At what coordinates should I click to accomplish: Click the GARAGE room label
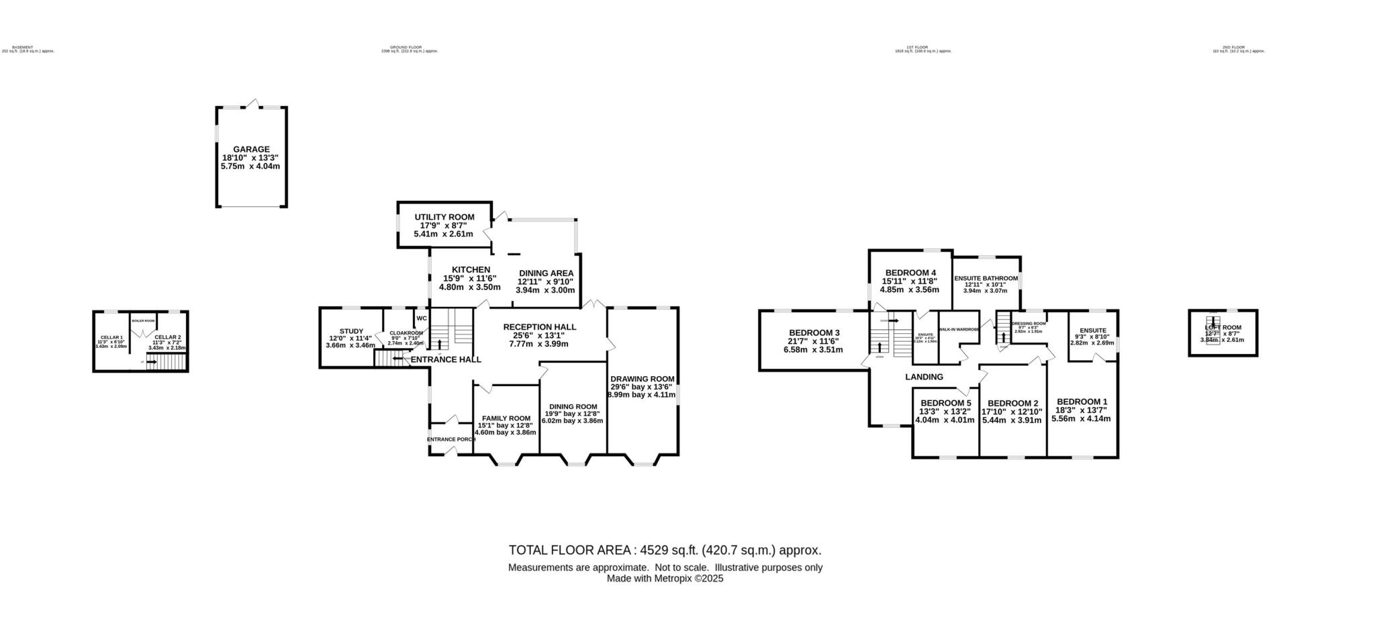coord(251,149)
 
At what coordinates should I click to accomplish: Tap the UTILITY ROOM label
coord(444,217)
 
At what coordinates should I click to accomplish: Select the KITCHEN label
coord(471,269)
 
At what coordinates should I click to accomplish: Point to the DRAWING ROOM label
coord(642,379)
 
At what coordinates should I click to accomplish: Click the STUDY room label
coord(351,331)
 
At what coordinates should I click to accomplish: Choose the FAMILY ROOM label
coord(506,418)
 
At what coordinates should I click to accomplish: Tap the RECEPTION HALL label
coord(539,327)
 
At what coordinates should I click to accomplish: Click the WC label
coord(422,318)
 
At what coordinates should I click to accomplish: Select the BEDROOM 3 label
coord(814,332)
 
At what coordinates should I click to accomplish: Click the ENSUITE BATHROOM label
coord(986,278)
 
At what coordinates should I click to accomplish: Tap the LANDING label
coord(924,377)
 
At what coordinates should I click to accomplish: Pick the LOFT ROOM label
coord(1223,328)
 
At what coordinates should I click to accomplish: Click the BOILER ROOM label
coord(143,320)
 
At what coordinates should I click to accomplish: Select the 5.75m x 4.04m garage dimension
coord(250,166)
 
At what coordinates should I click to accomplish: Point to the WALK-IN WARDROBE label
coord(959,329)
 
